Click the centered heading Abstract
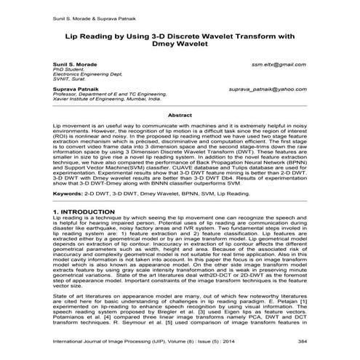tap(180, 115)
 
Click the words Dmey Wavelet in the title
tap(180, 44)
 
